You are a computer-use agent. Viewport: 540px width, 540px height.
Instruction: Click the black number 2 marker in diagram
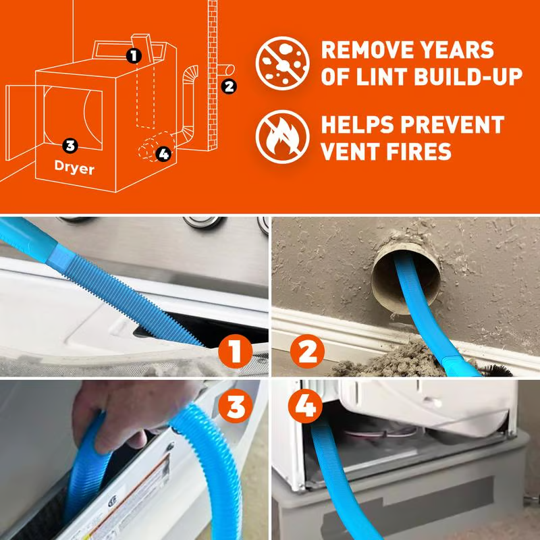coord(230,86)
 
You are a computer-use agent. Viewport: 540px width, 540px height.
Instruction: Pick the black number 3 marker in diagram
coord(70,144)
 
